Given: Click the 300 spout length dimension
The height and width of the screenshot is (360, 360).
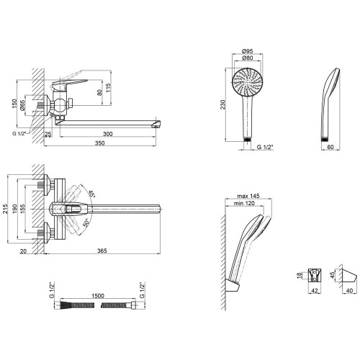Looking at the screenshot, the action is point(107,134).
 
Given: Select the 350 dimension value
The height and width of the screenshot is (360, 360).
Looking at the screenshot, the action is point(99,143).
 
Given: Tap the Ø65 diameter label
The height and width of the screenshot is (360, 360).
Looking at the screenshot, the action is point(22,105).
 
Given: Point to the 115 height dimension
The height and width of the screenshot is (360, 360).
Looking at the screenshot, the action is point(108,89).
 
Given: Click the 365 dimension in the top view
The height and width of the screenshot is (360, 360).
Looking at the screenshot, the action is point(102,251).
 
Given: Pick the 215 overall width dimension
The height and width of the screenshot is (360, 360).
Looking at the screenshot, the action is point(5,209).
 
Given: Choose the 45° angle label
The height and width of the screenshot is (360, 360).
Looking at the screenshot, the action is point(91,194).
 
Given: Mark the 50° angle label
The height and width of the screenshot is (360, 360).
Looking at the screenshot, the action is point(86,222).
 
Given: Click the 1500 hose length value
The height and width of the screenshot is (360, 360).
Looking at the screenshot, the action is point(98,296).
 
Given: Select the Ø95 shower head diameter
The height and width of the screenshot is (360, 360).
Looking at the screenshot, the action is point(247,51).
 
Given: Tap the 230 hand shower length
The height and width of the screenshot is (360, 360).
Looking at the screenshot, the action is point(223,104).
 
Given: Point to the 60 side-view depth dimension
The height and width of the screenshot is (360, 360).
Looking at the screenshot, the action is point(330,147).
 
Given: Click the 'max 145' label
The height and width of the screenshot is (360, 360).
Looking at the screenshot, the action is point(248,196).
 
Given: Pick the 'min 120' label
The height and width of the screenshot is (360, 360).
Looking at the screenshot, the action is point(244,203).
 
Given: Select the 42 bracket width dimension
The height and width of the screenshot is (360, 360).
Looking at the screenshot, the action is point(315,291).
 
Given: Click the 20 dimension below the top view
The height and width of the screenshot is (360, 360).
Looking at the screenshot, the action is point(23,251).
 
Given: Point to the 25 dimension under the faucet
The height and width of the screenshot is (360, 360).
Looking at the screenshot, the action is point(48,134).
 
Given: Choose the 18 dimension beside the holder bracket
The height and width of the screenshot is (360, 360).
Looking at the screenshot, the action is point(299,275).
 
